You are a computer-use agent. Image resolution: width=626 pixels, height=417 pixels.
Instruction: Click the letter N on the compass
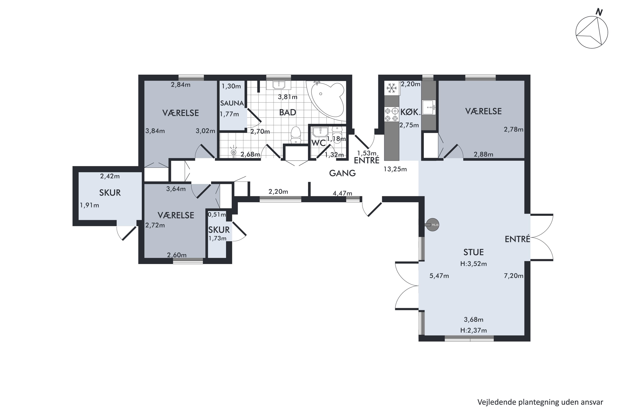tap(599, 12)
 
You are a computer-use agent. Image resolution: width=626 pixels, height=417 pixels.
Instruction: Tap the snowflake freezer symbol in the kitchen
tap(391, 88)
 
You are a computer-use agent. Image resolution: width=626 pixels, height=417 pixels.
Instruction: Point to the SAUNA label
tap(232, 103)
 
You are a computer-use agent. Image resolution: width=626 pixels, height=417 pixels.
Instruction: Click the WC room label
tap(319, 143)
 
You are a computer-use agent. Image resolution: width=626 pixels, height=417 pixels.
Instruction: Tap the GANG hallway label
tap(342, 173)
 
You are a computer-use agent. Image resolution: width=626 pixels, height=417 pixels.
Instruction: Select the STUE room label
tap(473, 252)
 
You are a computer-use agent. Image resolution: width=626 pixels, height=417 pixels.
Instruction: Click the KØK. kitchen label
tap(410, 112)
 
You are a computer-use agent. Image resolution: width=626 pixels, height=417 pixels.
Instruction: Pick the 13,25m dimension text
tap(395, 169)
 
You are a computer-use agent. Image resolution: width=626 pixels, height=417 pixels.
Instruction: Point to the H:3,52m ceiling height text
tap(473, 264)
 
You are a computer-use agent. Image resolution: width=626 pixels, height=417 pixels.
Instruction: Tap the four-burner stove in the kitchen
tap(391, 114)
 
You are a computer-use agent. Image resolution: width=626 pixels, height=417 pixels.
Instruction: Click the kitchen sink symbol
tap(429, 107)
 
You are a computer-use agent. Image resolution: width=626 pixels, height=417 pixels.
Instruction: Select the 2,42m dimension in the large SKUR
tap(110, 176)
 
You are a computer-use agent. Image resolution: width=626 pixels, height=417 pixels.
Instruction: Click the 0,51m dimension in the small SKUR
tap(217, 214)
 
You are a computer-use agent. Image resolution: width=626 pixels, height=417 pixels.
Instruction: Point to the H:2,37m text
tap(473, 330)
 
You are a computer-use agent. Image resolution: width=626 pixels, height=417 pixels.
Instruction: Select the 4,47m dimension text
tap(342, 193)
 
